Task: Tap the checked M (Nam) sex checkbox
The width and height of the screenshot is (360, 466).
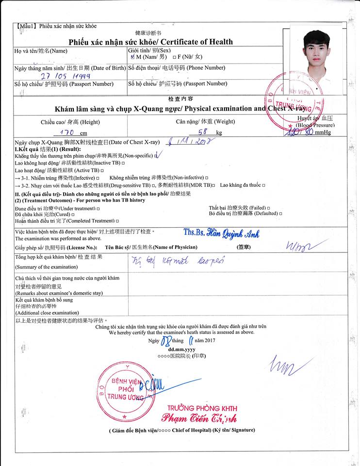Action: coord(133,57)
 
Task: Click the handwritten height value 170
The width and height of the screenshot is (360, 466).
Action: coord(66,132)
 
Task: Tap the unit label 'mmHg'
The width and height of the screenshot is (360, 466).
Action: coord(322,132)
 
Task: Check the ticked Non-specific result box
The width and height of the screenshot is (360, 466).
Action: coord(156,156)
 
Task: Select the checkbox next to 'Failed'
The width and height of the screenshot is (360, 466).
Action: coord(268,208)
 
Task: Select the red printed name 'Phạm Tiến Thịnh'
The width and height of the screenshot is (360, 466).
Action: coord(199,418)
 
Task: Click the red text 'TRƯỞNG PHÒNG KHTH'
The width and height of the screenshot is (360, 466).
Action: coord(199,407)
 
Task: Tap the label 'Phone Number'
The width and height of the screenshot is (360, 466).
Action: coord(206,67)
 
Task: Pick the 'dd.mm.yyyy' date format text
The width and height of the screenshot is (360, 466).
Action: coord(181,349)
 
